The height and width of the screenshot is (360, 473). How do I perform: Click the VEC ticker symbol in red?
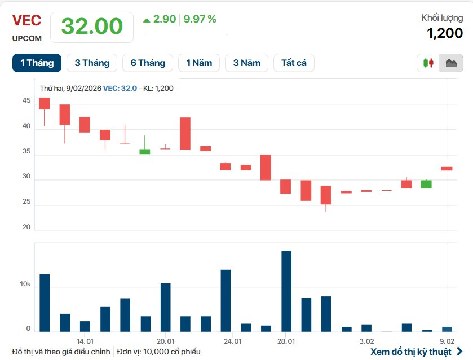click(x=26, y=20)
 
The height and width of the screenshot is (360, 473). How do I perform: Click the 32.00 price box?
click(x=92, y=27)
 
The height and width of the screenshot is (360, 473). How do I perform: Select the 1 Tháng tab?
click(x=37, y=63)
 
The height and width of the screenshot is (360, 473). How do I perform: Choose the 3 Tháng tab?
click(x=92, y=63)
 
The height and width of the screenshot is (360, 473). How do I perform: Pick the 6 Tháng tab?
click(x=148, y=63)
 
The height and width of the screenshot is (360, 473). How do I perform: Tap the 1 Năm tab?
click(x=199, y=63)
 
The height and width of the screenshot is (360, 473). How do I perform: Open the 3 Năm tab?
click(x=247, y=63)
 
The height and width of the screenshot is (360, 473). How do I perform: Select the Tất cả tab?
click(x=294, y=63)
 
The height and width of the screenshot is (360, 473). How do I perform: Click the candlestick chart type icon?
click(x=429, y=63)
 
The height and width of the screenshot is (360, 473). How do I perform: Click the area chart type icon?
click(x=451, y=63)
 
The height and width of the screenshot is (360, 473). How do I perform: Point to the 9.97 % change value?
click(x=201, y=19)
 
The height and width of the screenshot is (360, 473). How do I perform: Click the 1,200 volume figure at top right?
click(x=444, y=33)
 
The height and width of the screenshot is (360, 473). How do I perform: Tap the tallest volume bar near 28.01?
click(x=286, y=291)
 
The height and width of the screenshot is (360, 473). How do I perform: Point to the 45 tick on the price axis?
click(x=26, y=101)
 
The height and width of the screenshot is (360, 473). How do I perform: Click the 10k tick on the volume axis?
click(x=25, y=284)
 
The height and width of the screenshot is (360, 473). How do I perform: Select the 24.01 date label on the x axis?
click(x=232, y=341)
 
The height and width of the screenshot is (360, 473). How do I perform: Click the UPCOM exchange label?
click(x=26, y=39)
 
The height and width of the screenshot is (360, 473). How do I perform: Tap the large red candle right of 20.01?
click(x=185, y=133)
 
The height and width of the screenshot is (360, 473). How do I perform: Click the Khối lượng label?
click(x=442, y=18)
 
